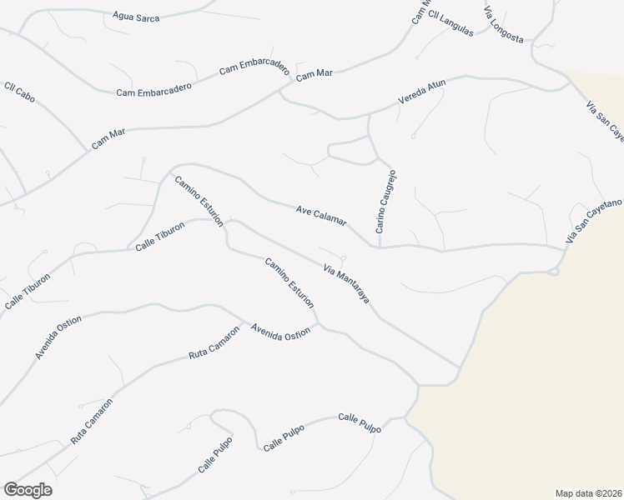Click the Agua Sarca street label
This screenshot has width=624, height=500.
click(x=136, y=17)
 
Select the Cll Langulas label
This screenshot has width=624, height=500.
click(x=450, y=27)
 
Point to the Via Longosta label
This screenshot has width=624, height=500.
click(x=503, y=25)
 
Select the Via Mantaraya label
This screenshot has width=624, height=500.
click(x=346, y=283)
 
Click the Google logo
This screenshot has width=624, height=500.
click(x=28, y=490)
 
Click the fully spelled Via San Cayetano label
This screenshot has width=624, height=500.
click(x=593, y=220)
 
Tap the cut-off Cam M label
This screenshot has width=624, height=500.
click(x=420, y=12)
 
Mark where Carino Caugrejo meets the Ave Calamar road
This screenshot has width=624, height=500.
click(x=380, y=247)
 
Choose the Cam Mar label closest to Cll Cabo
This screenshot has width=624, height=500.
click(x=108, y=139)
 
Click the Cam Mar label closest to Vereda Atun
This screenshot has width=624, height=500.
click(x=314, y=74)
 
